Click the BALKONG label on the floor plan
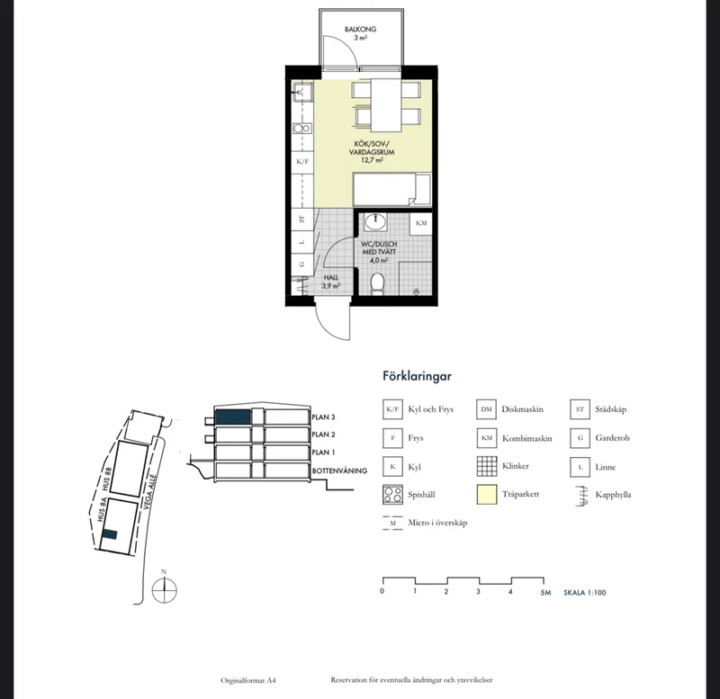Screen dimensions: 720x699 [x=361, y=29]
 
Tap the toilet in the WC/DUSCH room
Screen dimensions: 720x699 [x=377, y=284]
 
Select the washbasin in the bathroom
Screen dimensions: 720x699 [x=375, y=221]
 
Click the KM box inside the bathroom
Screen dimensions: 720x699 [x=421, y=223]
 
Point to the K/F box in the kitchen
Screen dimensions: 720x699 [x=302, y=162]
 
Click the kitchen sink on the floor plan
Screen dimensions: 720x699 [x=302, y=93]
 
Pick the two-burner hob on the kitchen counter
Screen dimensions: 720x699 [x=302, y=129]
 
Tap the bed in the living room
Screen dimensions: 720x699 [x=392, y=189]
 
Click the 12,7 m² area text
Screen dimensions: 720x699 [x=372, y=160]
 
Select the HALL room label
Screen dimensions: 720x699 [x=331, y=278]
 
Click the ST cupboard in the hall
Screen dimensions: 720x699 [x=302, y=220]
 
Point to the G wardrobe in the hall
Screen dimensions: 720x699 [x=302, y=264]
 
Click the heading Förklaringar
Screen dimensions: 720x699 [x=417, y=376]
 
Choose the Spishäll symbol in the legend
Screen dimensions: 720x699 [x=392, y=495]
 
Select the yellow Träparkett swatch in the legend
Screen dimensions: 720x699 [x=487, y=495]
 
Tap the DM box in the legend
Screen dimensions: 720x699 [x=486, y=409]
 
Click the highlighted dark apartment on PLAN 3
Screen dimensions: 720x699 [x=233, y=417]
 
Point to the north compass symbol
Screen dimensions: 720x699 [x=164, y=588]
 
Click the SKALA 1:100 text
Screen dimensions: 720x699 [x=584, y=593]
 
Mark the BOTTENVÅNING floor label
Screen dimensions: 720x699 [x=339, y=470]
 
